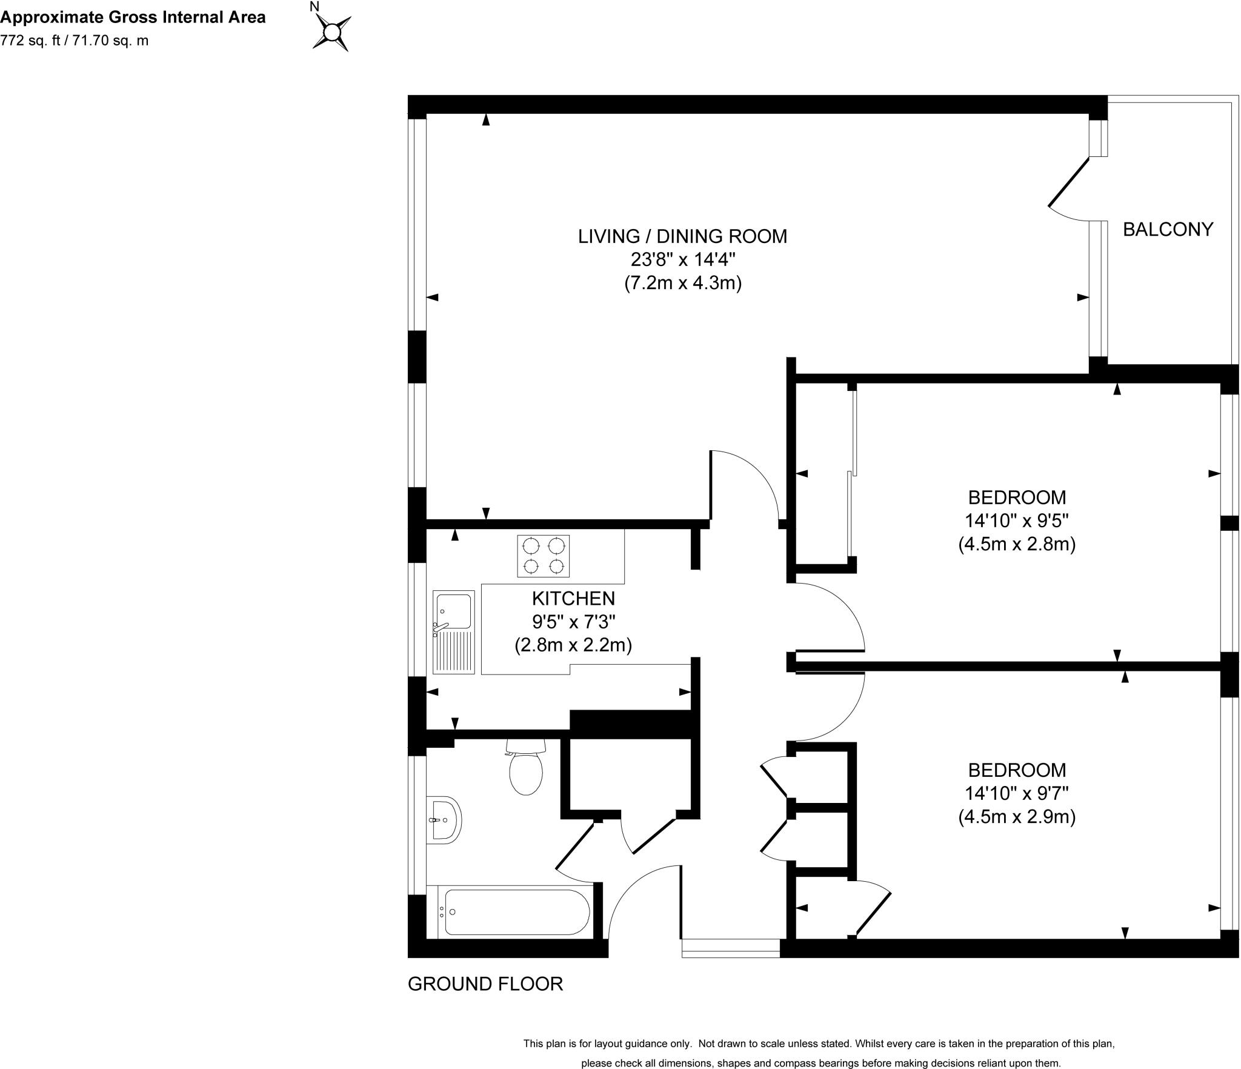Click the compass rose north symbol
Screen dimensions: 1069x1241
click(x=331, y=32)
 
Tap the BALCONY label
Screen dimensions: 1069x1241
click(x=1168, y=229)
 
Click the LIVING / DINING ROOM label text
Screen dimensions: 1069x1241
click(x=682, y=236)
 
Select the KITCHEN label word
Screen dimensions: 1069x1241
click(x=573, y=598)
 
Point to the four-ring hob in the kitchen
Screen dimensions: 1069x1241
click(x=543, y=556)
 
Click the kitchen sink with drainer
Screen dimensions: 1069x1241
click(x=453, y=632)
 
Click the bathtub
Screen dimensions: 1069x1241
click(x=515, y=913)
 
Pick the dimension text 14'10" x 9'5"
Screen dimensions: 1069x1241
click(x=1017, y=521)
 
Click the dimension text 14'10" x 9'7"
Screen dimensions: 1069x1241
click(x=1017, y=793)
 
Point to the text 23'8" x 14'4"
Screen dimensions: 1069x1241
click(x=683, y=259)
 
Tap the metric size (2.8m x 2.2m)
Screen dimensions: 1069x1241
click(x=573, y=645)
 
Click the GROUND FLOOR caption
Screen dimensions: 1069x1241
click(x=485, y=984)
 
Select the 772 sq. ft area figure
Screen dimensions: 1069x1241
click(x=32, y=41)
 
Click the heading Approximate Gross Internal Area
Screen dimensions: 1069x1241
click(x=133, y=17)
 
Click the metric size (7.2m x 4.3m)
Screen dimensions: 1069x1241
click(x=683, y=283)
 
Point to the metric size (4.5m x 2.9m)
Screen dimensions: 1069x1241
click(x=1017, y=817)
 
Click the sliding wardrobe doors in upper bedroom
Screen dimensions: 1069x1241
click(x=851, y=473)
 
